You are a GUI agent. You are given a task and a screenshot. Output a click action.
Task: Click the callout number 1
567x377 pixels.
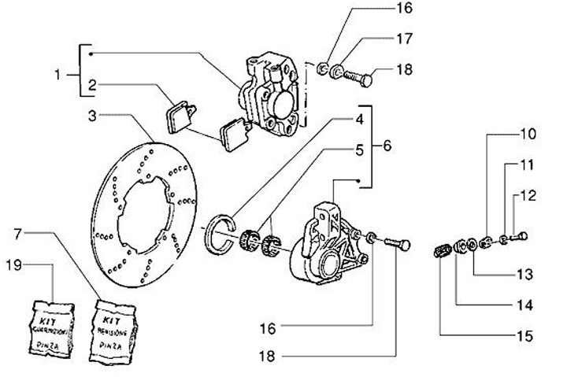57,76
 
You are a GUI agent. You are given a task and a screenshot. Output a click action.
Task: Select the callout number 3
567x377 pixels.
92,116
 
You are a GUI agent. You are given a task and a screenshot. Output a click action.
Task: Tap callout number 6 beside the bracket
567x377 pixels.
386,146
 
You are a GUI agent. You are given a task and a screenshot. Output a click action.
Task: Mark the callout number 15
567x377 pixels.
524,336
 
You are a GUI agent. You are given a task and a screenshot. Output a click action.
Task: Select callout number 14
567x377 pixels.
524,305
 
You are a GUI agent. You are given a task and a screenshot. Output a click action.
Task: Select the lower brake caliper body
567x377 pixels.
319,244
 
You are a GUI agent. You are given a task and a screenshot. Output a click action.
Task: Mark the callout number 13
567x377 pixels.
524,275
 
